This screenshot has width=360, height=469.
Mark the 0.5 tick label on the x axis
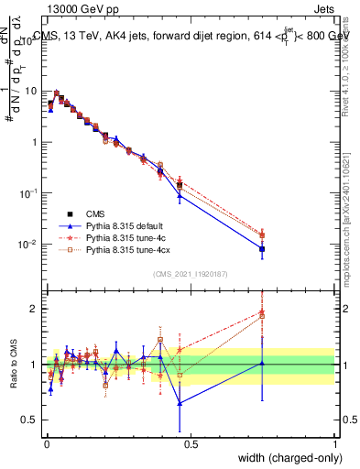tap(190, 445)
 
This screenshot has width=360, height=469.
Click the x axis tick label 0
tap(46, 445)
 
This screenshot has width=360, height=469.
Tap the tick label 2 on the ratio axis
tap(34, 309)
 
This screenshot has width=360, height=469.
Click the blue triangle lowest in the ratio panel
tap(180, 403)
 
